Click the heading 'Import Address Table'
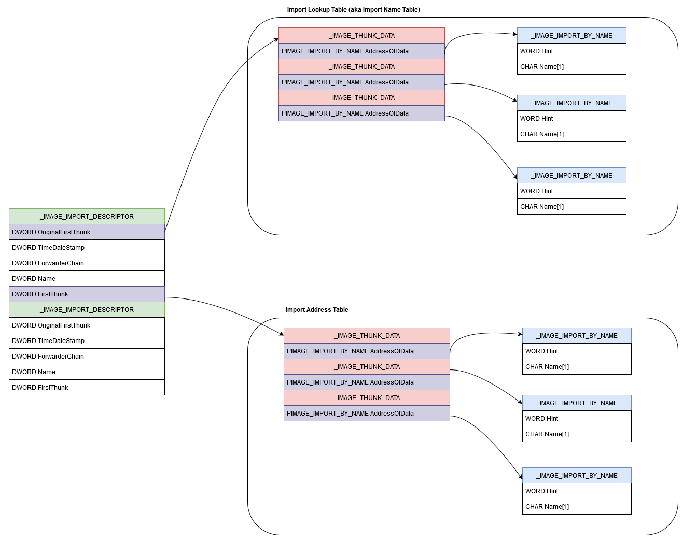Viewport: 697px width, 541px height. click(316, 310)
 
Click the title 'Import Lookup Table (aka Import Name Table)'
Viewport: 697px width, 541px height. click(353, 10)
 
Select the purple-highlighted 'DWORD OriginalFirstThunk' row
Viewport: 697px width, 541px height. click(87, 232)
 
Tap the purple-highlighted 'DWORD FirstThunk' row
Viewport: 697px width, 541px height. click(87, 294)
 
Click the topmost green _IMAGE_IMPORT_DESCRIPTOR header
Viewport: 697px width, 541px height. click(87, 217)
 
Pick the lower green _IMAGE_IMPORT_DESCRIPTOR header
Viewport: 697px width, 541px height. click(87, 310)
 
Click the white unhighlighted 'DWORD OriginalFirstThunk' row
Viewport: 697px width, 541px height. click(87, 325)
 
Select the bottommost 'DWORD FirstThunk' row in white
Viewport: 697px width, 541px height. click(87, 388)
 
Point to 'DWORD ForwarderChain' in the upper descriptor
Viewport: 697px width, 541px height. click(87, 263)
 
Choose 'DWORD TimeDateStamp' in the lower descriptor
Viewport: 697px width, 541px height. click(87, 341)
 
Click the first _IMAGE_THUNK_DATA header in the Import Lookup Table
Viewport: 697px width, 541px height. click(361, 36)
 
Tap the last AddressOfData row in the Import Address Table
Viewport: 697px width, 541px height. click(367, 414)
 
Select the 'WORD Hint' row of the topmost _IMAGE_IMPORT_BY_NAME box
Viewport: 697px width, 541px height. click(571, 51)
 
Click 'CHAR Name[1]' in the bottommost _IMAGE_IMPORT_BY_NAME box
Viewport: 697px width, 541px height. click(577, 507)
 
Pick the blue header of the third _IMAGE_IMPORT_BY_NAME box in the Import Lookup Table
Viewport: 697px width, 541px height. click(571, 176)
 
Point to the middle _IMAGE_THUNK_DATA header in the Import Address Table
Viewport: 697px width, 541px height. click(367, 367)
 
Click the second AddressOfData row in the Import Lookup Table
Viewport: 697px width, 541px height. click(361, 82)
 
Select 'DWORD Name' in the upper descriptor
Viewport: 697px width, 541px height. click(87, 279)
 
